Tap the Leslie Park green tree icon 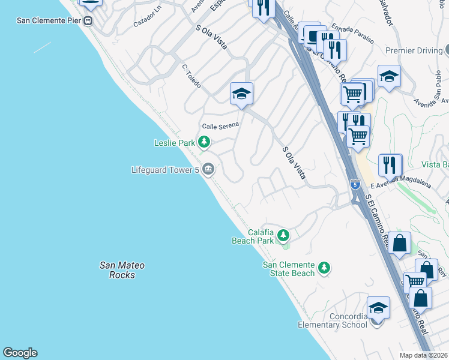[x=205, y=142]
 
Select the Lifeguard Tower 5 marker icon [x=208, y=170]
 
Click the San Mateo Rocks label [x=122, y=270]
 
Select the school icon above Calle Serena [x=241, y=94]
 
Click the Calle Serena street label [x=220, y=126]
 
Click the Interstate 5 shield [x=356, y=184]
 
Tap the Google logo [x=20, y=353]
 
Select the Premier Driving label [x=414, y=51]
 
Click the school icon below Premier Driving [x=389, y=76]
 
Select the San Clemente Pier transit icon [x=88, y=20]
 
